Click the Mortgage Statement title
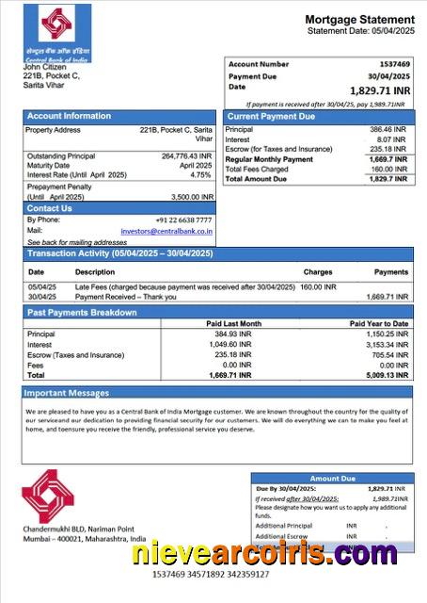click(x=359, y=20)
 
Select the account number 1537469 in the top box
click(x=392, y=64)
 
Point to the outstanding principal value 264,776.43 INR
click(x=186, y=156)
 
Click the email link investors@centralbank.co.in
click(x=166, y=230)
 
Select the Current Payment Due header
click(x=271, y=116)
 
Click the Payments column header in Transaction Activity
click(x=391, y=272)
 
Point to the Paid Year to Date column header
click(x=379, y=324)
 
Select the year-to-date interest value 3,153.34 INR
click(x=386, y=345)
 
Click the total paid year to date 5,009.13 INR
click(x=386, y=375)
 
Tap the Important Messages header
click(x=67, y=393)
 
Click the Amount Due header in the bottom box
click(x=331, y=479)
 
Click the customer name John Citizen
click(x=44, y=67)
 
